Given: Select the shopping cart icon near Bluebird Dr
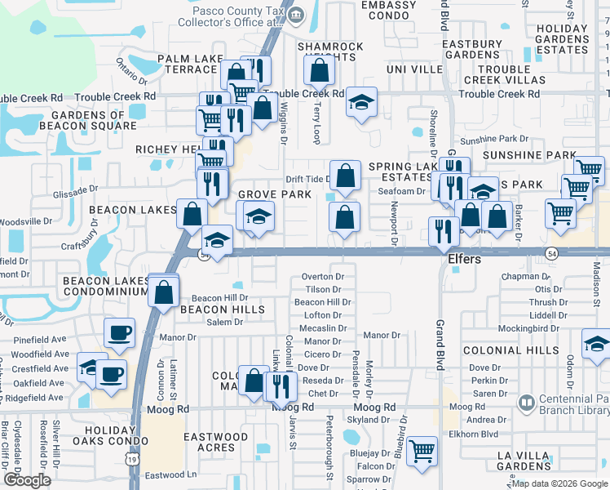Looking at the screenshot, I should click(422, 451).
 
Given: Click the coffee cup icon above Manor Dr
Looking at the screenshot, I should click(119, 332).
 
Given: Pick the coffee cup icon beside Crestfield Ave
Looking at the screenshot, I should click(111, 374).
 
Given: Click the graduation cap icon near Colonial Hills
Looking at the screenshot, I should click(597, 344).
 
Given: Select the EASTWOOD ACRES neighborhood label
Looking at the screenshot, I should click(215, 442).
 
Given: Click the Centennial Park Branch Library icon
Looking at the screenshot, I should click(527, 403).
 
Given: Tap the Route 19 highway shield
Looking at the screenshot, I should click(131, 461).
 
